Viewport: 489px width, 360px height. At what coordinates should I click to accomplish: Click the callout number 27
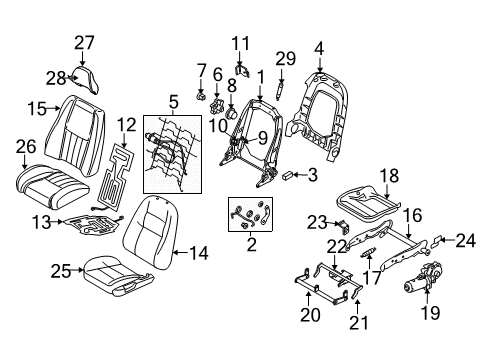coord(83,42)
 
